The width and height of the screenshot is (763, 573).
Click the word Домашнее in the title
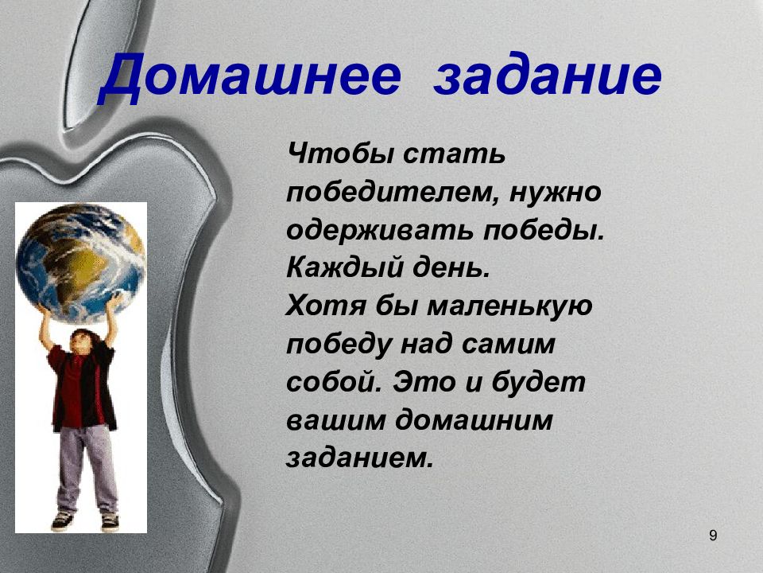250,77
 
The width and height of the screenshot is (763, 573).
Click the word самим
509,345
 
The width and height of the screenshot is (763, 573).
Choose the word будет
538,382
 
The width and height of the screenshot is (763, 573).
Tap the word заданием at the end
359,458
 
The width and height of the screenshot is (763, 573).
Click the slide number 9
713,536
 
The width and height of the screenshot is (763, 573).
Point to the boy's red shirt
77,390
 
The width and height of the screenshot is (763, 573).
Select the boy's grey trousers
87,468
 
